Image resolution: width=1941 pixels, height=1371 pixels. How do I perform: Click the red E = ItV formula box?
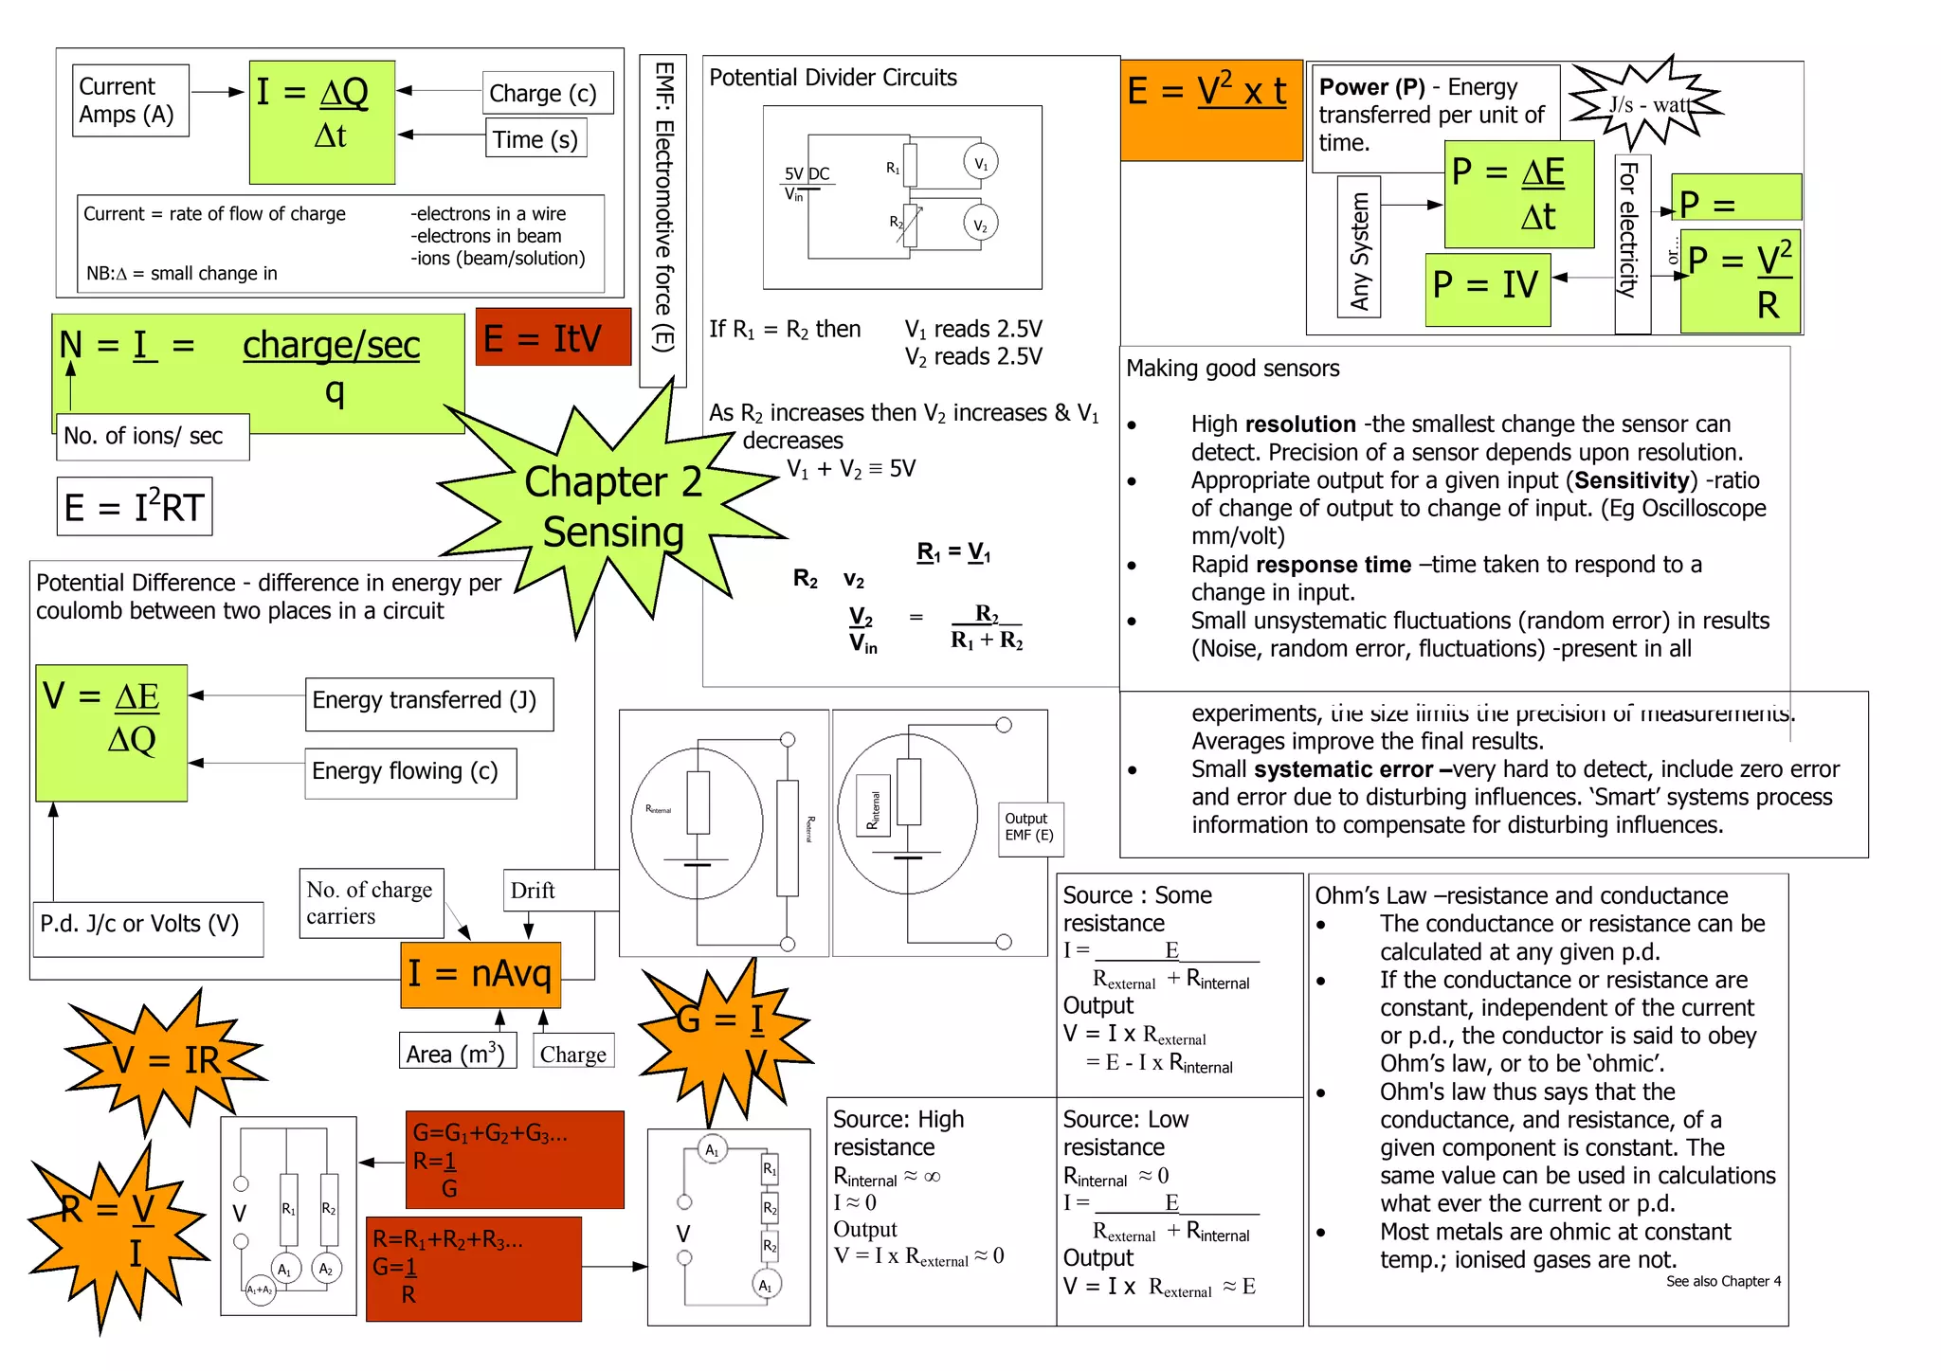[553, 337]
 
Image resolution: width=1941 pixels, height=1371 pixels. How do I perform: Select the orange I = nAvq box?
[481, 974]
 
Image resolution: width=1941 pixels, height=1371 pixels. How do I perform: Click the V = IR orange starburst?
[166, 1059]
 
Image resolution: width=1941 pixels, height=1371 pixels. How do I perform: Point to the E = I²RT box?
[135, 507]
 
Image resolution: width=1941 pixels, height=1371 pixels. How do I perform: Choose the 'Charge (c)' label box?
[547, 93]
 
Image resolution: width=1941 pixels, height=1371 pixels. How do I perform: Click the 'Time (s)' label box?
[535, 138]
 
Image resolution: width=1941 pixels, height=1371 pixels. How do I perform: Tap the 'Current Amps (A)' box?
[129, 100]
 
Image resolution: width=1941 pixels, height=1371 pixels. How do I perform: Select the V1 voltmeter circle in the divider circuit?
[980, 163]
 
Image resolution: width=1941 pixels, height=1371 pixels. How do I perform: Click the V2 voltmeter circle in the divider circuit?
[980, 225]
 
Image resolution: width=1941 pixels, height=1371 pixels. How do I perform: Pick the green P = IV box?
[1487, 287]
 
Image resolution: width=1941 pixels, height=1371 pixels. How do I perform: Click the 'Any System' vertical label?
[1359, 249]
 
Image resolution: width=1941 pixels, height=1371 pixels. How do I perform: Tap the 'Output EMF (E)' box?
[1030, 828]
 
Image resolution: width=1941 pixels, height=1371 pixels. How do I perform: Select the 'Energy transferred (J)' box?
[428, 702]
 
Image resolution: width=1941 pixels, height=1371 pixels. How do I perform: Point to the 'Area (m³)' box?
[457, 1052]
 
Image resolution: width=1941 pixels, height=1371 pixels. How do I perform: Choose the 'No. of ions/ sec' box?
[152, 436]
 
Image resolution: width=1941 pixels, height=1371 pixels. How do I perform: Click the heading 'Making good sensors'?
[1232, 369]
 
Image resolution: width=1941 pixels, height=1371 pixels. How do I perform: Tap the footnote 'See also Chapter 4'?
[1723, 1281]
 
